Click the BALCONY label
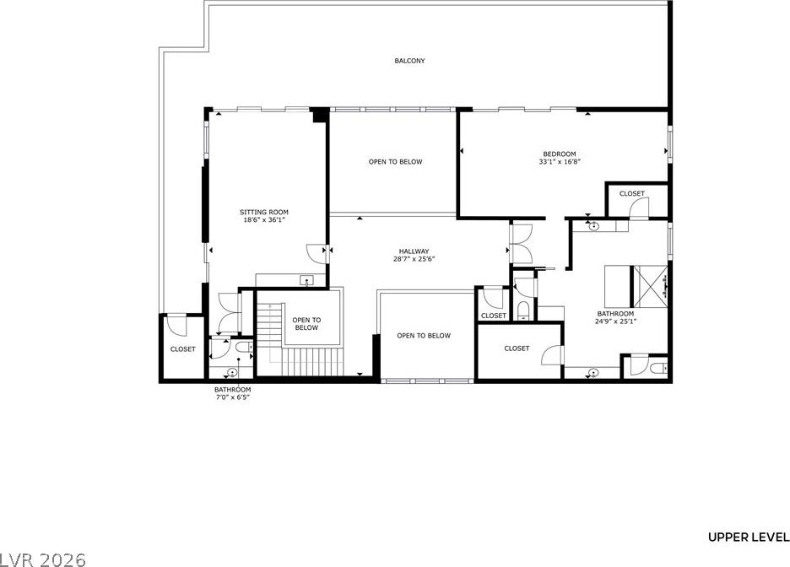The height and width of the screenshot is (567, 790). coord(409,61)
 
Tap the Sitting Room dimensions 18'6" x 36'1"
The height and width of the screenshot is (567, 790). coord(264,219)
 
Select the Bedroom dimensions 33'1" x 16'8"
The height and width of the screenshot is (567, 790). coord(560,162)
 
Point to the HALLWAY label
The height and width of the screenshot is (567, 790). coord(414,251)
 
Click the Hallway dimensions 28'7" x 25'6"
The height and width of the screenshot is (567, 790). coord(414,259)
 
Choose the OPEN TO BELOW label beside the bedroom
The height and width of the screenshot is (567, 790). coord(396,162)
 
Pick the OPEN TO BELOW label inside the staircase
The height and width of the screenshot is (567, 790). coord(306,324)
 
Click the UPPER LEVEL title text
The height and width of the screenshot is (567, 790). coord(749,537)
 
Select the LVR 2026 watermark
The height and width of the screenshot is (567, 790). coord(43,559)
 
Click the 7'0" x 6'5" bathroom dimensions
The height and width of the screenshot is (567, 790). coord(232,397)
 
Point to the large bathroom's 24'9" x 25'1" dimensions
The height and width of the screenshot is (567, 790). coord(615,321)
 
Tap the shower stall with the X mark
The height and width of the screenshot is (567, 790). coord(650,286)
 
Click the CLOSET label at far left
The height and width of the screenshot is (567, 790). coord(182,349)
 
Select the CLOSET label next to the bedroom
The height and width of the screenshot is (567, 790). coord(632,193)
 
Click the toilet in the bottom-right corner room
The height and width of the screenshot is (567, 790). coord(658,369)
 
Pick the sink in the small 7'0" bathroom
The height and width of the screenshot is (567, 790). coord(232,372)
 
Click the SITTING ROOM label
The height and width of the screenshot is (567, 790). coord(264,212)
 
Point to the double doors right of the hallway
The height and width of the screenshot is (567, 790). coord(521,244)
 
